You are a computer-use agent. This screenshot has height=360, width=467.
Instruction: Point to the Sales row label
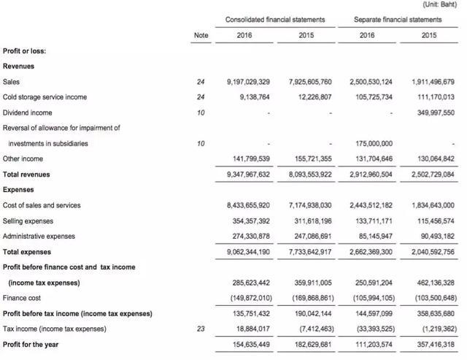pos(12,82)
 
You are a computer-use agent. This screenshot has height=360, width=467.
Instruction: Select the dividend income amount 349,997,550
pos(428,112)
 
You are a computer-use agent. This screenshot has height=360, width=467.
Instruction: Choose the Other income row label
pos(23,159)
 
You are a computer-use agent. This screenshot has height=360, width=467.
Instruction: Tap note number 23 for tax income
pos(201,329)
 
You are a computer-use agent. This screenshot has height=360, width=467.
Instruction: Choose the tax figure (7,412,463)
pos(312,329)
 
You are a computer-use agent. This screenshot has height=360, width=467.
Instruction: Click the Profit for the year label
pos(31,344)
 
